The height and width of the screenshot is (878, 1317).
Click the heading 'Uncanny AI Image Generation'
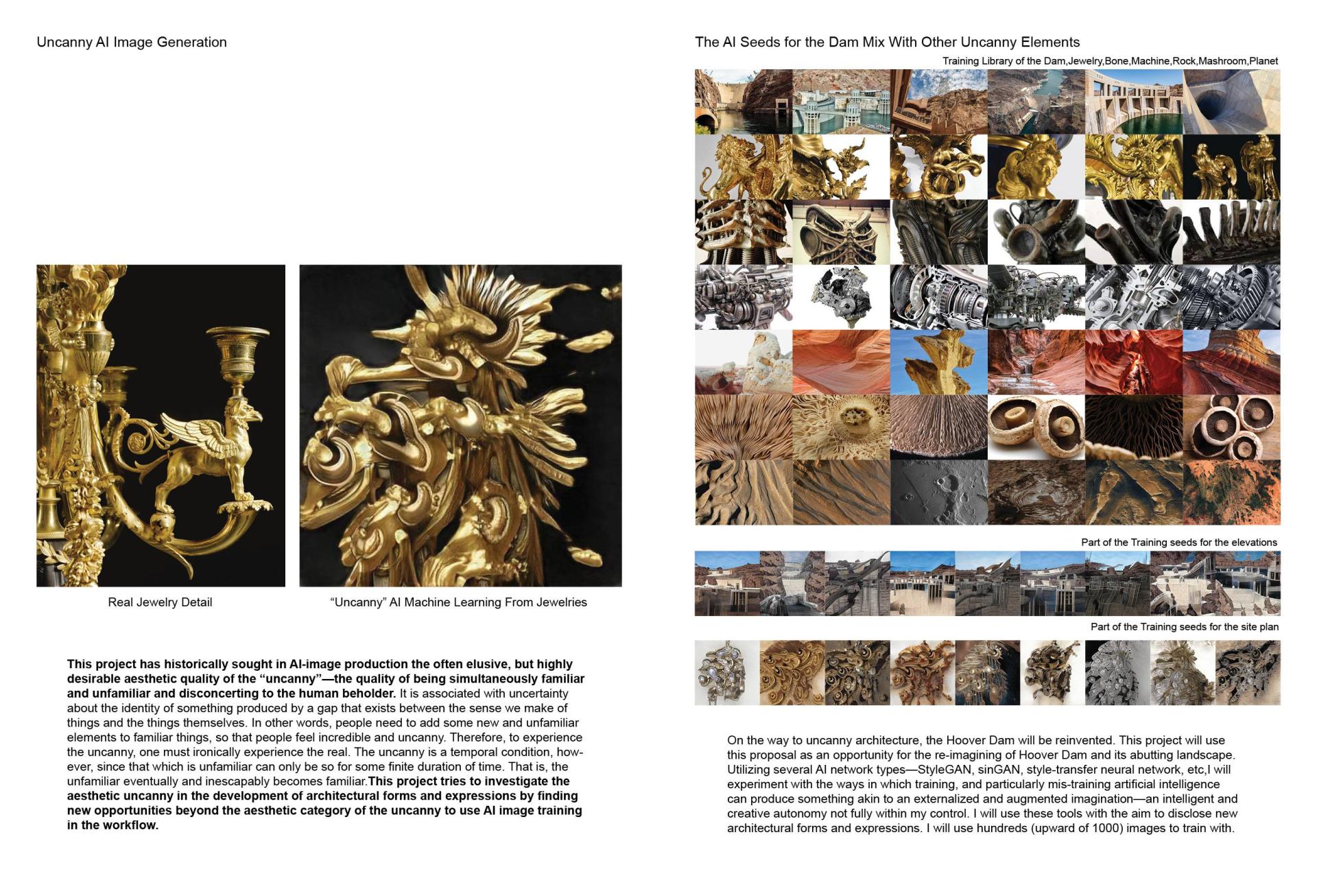pos(132,43)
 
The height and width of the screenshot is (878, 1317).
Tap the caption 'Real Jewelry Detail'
pos(160,602)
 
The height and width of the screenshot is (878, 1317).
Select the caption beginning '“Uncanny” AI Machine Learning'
pos(458,602)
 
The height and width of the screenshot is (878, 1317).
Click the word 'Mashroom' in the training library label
pos(1223,61)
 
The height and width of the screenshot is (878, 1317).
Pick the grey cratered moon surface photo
pos(938,493)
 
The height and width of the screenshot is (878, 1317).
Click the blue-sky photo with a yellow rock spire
pos(938,362)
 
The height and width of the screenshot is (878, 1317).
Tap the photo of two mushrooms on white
pos(1036,427)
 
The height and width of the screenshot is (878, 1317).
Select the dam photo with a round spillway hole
pos(1231,102)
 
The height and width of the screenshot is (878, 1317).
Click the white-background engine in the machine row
pos(841,297)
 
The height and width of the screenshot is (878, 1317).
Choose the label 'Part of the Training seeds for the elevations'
pos(1178,543)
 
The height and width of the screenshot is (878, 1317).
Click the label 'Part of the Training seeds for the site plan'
pos(1184,627)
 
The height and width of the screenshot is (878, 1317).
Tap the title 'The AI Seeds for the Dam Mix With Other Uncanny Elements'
pos(887,43)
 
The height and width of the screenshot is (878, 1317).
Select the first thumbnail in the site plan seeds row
pos(727,673)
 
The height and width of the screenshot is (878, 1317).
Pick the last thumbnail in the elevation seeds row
pos(1248,583)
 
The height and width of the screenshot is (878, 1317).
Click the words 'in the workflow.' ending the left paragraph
pos(112,825)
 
